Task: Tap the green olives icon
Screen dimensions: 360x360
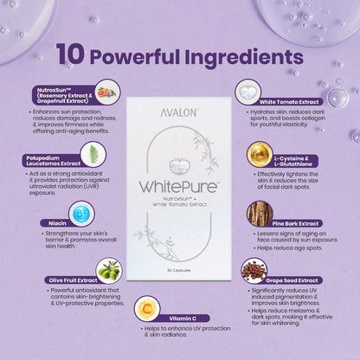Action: (x=108, y=271)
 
